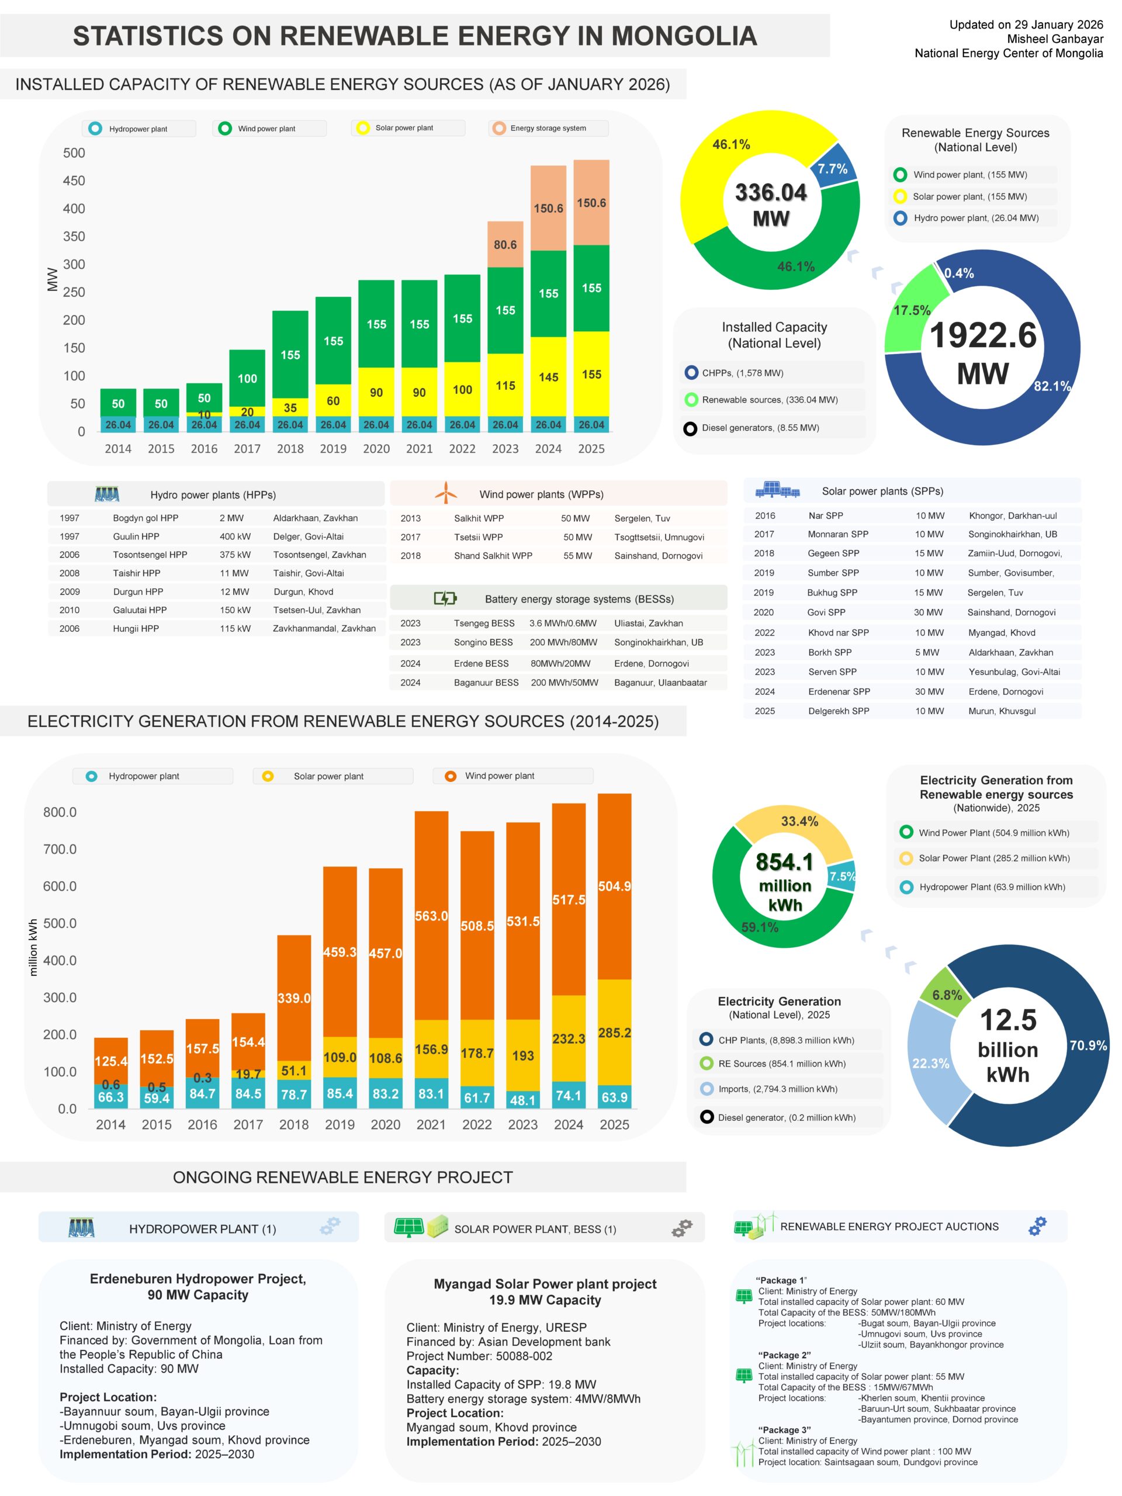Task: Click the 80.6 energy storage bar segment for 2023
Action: (505, 244)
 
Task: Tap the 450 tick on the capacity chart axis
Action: (74, 181)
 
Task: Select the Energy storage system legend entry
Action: (548, 128)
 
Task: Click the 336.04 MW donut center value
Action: (770, 193)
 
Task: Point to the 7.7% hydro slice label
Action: (832, 168)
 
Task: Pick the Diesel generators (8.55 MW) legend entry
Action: (760, 427)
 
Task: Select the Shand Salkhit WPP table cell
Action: (493, 555)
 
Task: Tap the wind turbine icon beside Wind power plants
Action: (446, 493)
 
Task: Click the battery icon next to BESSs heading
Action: (445, 598)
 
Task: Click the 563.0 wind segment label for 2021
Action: (431, 916)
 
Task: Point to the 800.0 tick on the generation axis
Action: (60, 812)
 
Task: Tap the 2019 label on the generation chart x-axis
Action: (340, 1124)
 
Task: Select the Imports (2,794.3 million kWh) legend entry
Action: (777, 1089)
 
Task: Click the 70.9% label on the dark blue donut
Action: (1088, 1045)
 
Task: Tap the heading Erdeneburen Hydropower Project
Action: (198, 1279)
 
